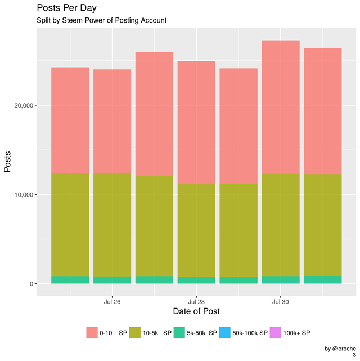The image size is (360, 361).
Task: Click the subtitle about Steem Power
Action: point(101,21)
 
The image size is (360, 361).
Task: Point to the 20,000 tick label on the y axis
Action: point(24,105)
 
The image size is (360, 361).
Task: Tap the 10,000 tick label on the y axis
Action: point(24,195)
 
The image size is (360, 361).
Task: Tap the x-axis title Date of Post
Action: point(196,311)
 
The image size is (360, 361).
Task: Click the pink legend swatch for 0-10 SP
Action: point(92,333)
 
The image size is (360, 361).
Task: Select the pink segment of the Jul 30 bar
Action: point(281,107)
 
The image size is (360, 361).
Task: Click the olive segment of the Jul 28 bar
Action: point(196,230)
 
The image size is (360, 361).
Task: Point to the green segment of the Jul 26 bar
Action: point(112,280)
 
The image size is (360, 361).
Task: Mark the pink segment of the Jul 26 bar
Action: point(112,121)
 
